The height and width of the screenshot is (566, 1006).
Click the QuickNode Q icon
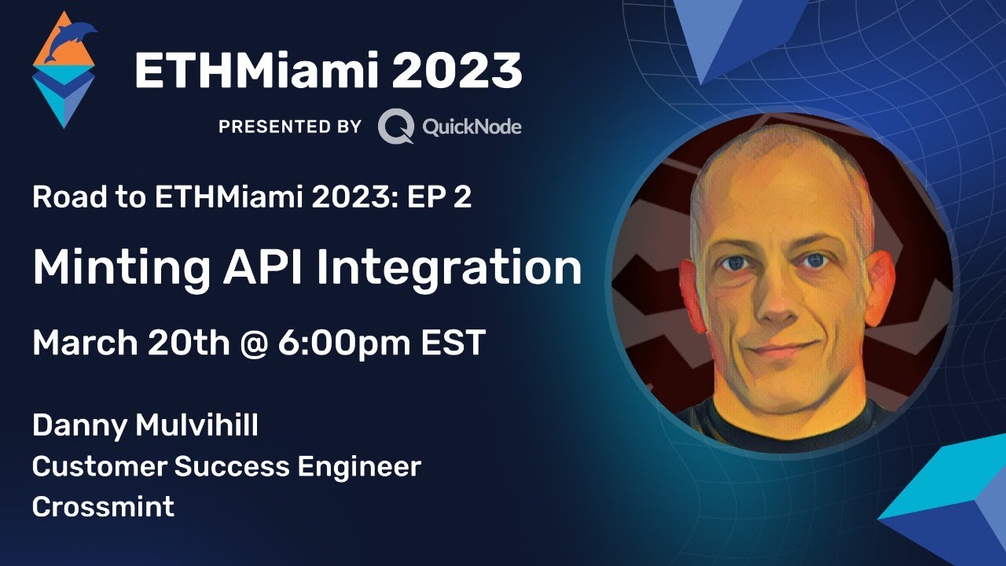coord(395,127)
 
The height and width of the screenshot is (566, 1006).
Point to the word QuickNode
coord(472,127)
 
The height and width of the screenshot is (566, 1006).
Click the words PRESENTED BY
coord(290,127)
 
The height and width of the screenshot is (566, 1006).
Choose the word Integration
coord(449,269)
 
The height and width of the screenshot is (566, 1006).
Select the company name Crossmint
coord(103,506)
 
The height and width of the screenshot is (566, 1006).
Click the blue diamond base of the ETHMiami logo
coord(63,98)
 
